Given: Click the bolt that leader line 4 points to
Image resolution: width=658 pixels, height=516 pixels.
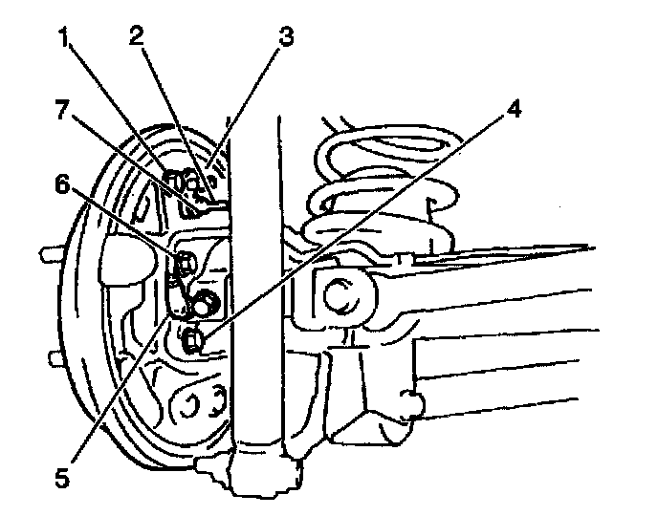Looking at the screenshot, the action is [193, 337].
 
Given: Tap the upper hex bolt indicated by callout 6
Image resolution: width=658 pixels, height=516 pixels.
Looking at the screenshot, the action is [186, 262].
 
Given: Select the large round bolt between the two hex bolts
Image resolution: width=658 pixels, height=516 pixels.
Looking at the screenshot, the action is [204, 305].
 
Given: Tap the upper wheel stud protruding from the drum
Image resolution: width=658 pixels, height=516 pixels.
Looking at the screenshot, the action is [46, 255].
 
